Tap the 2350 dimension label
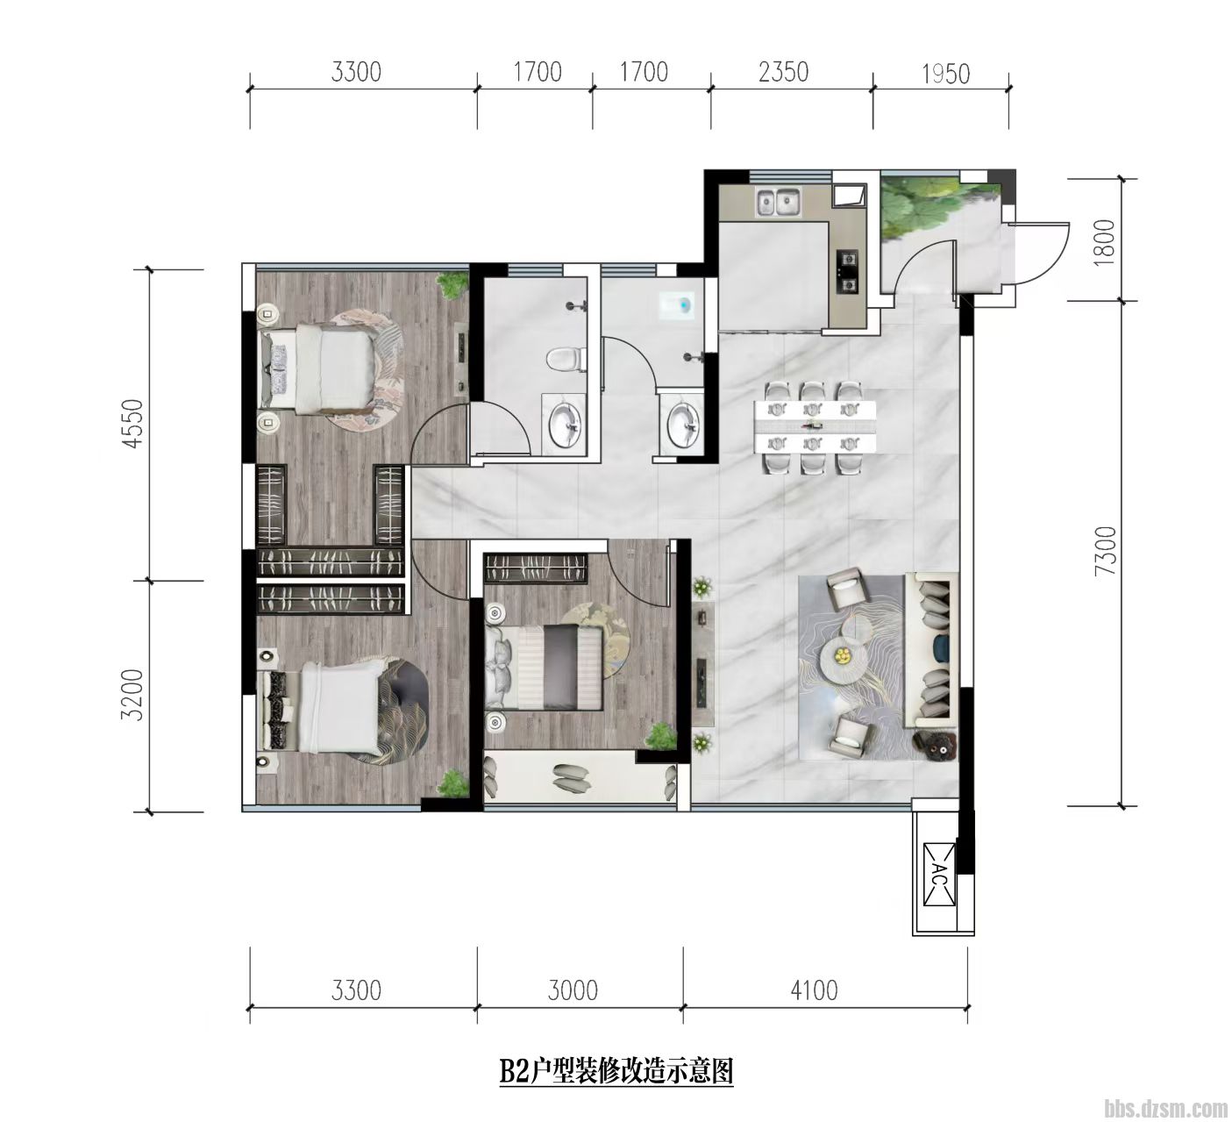click(x=783, y=73)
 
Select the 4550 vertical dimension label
click(x=133, y=424)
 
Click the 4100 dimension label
click(x=814, y=990)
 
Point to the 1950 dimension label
click(x=946, y=74)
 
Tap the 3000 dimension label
click(x=573, y=990)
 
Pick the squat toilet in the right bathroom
click(x=677, y=305)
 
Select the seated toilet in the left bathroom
click(x=566, y=360)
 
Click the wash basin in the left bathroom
click(x=565, y=423)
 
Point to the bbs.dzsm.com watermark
click(x=1165, y=1109)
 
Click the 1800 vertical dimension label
click(x=1104, y=241)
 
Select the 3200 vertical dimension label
click(x=133, y=694)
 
